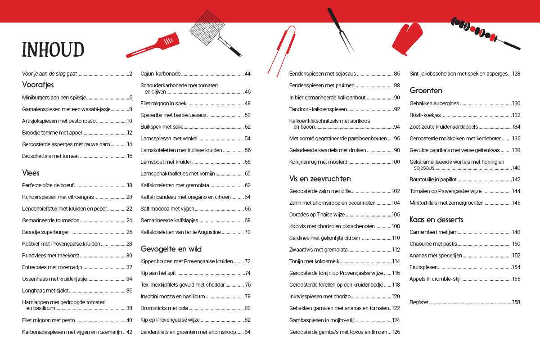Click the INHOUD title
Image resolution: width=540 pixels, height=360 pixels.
coord(53,49)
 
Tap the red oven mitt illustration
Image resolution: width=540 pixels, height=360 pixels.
coord(407,39)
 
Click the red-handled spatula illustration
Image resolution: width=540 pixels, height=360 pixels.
coord(155,45)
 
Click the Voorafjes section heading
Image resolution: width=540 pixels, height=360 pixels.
coord(38,85)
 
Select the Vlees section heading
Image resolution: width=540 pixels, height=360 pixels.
coord(31,173)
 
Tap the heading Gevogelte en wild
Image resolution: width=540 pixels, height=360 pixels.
coord(171,249)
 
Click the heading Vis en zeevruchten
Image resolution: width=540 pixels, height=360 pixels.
coord(320,179)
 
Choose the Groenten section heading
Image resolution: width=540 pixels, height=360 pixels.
coord(426,90)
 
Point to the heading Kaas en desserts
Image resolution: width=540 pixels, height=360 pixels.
coord(436,220)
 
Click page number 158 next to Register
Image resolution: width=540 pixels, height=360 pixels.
coord(516,302)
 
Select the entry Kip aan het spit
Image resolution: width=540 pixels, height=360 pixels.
coord(158,273)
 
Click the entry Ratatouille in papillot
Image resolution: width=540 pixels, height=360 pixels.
coord(433,179)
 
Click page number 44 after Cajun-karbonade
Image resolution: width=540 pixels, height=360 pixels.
coord(247,74)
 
